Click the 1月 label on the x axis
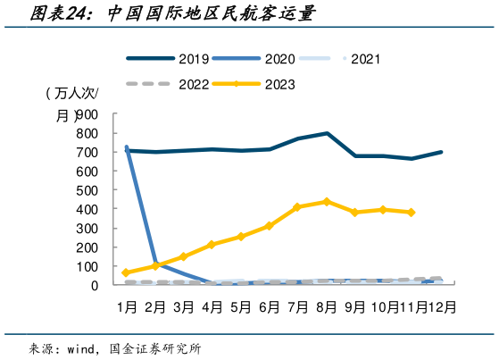pyautogui.click(x=126, y=306)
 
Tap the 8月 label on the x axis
pyautogui.click(x=326, y=306)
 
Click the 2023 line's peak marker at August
pyautogui.click(x=327, y=202)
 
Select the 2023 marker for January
pyautogui.click(x=126, y=272)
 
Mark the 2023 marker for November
pyautogui.click(x=412, y=213)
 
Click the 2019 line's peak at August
pyautogui.click(x=327, y=133)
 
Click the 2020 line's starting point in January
pyautogui.click(x=126, y=147)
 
